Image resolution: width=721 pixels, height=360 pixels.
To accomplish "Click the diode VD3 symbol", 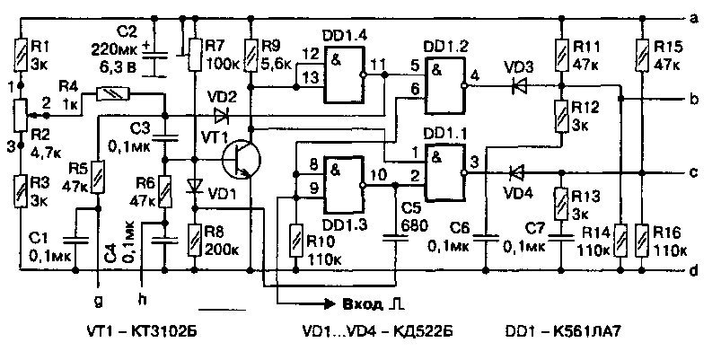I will click(518, 87).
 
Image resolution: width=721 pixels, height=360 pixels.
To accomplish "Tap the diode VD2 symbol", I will click(221, 116).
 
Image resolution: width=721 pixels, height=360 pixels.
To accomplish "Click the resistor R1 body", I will click(18, 53).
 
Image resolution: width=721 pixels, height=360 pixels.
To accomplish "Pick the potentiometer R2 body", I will click(18, 115).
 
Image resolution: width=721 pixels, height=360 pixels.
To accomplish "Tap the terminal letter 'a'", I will click(694, 17).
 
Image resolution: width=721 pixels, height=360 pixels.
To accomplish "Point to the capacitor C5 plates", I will click(392, 237).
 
